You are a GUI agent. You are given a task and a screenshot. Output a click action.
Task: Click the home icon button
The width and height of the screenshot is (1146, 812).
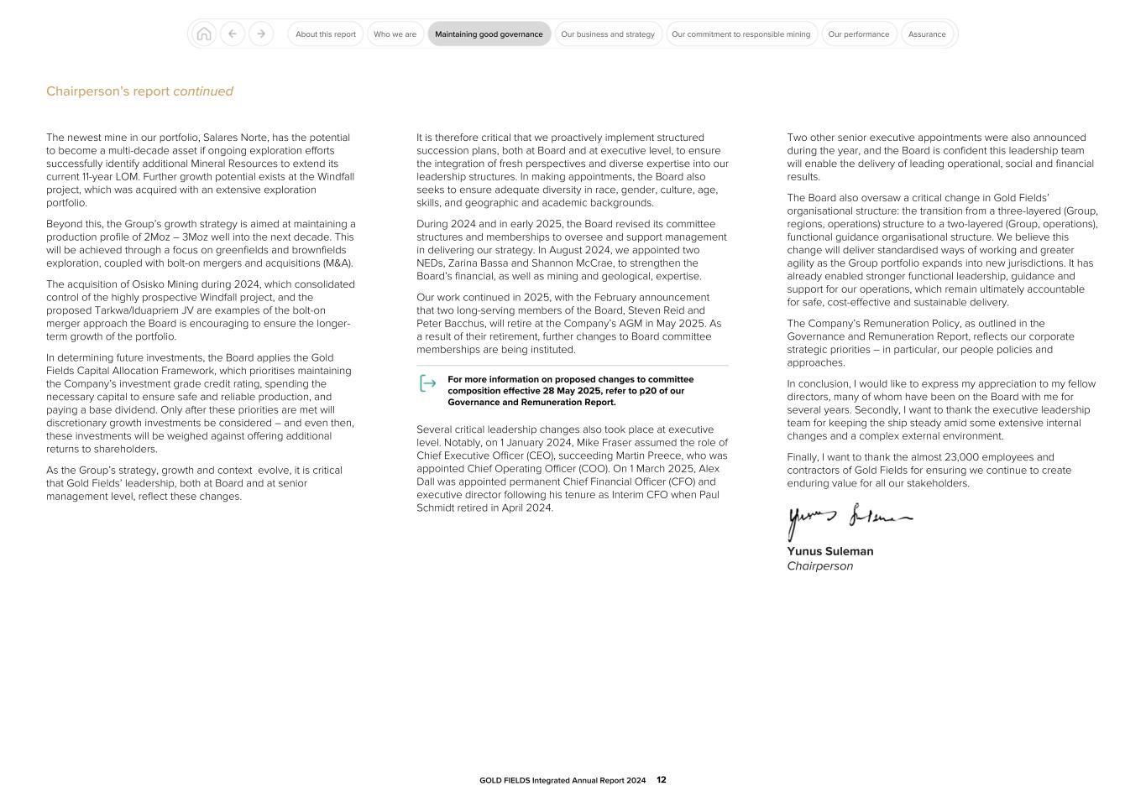[x=203, y=34]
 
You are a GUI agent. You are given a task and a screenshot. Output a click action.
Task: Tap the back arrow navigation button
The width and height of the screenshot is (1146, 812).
[x=233, y=34]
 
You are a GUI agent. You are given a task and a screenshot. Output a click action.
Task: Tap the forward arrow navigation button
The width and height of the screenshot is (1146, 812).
[x=261, y=34]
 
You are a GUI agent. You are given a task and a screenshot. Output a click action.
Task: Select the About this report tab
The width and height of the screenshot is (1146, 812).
[x=326, y=34]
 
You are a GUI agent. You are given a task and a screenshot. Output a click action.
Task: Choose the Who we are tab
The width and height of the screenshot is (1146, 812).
[x=395, y=34]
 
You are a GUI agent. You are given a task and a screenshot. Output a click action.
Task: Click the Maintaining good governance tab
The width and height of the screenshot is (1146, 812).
[x=489, y=34]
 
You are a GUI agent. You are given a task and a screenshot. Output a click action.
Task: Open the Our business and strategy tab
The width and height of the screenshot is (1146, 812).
[x=608, y=34]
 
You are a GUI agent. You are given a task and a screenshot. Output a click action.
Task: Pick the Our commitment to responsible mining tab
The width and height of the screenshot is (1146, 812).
[x=740, y=34]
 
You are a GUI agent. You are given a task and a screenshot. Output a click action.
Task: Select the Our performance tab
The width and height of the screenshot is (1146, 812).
[x=858, y=34]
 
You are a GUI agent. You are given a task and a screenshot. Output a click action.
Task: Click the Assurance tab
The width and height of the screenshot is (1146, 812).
[x=927, y=34]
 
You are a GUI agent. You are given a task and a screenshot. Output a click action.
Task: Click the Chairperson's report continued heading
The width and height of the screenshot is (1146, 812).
[x=139, y=91]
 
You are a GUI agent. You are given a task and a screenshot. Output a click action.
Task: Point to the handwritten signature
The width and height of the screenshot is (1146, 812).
[x=848, y=520]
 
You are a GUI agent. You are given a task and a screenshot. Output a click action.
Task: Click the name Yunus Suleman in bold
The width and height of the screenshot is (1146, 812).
[x=829, y=551]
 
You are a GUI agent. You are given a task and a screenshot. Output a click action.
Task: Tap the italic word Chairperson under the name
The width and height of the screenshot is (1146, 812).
[x=819, y=566]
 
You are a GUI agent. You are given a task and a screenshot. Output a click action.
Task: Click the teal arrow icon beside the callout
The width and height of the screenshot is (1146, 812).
[x=428, y=383]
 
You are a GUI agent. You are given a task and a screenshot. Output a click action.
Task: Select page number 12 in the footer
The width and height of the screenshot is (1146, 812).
[x=662, y=780]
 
